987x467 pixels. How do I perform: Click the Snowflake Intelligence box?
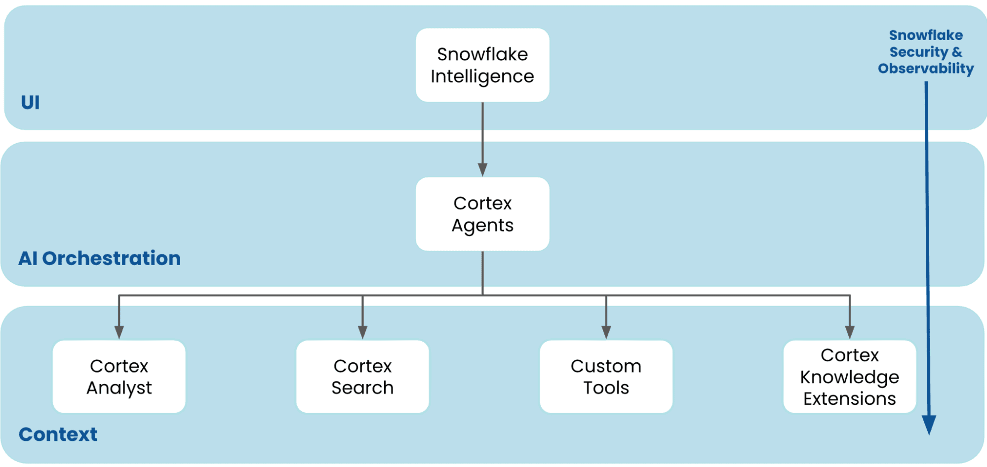tap(482, 65)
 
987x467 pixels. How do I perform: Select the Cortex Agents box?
tap(482, 214)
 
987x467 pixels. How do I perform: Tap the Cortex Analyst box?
tap(119, 377)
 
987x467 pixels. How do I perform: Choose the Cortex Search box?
tap(362, 377)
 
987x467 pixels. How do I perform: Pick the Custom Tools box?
tap(606, 377)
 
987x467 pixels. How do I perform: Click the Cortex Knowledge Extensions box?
tap(849, 377)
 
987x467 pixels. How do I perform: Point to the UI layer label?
tap(30, 102)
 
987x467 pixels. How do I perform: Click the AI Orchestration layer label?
tap(99, 258)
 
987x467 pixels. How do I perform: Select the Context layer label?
tap(58, 434)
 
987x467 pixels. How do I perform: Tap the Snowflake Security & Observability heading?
tap(926, 52)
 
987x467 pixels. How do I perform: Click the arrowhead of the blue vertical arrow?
tap(929, 425)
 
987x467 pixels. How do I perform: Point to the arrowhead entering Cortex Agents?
tap(482, 169)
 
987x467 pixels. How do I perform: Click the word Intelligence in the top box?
tap(482, 77)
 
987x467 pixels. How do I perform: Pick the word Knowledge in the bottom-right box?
tap(849, 377)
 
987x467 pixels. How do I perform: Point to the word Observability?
tap(926, 69)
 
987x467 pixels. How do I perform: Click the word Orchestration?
tap(112, 258)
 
